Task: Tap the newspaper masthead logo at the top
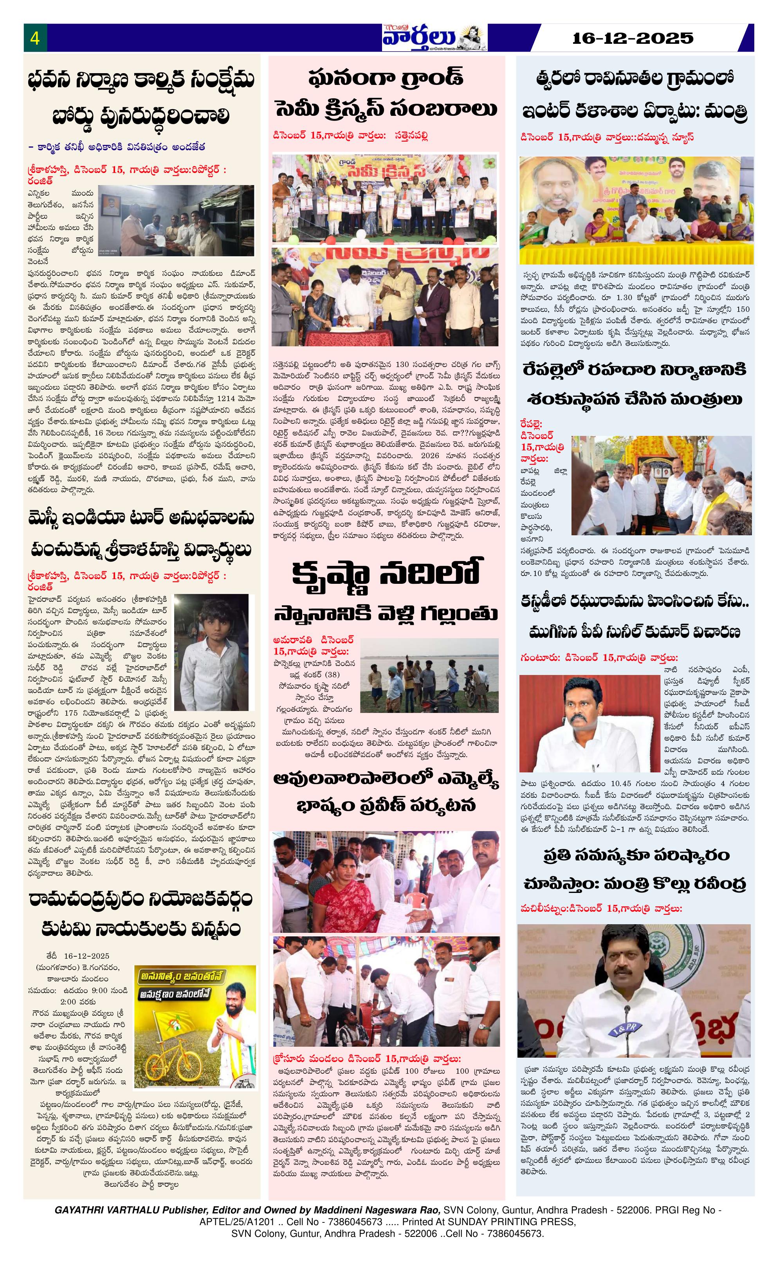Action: [x=434, y=38]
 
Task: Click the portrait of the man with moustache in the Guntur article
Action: [x=590, y=723]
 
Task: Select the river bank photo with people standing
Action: [x=429, y=675]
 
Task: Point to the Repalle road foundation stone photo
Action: [x=661, y=485]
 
